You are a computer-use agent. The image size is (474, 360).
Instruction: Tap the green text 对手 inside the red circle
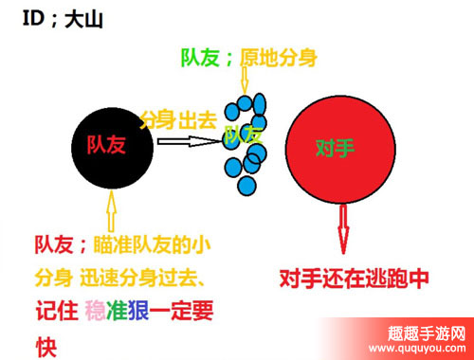(337, 150)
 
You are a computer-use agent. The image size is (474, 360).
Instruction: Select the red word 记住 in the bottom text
(55, 311)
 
